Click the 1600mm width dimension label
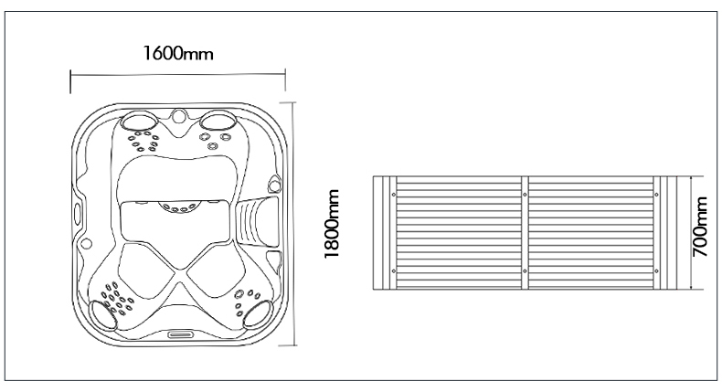point(178,53)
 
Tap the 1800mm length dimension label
point(332,224)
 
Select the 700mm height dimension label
point(700,227)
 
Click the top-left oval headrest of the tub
point(139,122)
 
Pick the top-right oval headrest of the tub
point(218,120)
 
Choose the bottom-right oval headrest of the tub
point(258,313)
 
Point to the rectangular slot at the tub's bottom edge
point(181,334)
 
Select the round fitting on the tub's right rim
point(274,186)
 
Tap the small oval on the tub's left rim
point(78,212)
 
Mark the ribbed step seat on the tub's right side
point(256,220)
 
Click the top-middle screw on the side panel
point(525,195)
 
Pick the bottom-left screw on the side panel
point(393,271)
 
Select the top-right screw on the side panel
point(656,195)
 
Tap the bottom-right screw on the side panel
point(656,271)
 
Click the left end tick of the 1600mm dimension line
point(70,82)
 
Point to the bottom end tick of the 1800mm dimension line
point(289,344)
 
